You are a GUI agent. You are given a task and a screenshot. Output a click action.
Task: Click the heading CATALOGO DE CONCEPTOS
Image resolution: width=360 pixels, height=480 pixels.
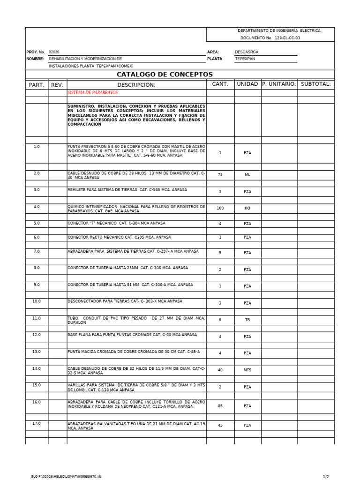pos(164,75)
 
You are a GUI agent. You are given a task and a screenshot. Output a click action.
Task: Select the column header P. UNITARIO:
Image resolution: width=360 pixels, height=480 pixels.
pos(279,84)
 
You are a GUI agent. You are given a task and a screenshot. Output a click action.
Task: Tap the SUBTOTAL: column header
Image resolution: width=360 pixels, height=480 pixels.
pos(315,84)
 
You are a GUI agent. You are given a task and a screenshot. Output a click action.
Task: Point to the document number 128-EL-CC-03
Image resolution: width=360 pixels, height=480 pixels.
pos(287,37)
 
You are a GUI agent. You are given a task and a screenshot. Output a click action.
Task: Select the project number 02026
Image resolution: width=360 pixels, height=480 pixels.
pos(54,52)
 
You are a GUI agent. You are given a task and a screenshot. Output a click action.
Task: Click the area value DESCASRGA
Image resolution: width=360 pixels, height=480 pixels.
pos(247,52)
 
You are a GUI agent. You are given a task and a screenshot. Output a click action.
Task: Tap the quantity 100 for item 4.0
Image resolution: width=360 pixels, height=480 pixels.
pos(220,208)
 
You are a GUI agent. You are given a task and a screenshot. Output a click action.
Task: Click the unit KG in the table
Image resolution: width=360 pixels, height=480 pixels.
pos(247,208)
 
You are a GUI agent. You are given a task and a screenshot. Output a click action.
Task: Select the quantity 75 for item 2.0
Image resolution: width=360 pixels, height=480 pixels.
pos(220,174)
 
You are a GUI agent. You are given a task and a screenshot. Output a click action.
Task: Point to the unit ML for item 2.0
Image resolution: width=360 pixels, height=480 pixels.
pos(247,174)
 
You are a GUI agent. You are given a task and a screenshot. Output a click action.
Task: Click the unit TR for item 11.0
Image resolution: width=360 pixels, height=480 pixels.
pos(247,320)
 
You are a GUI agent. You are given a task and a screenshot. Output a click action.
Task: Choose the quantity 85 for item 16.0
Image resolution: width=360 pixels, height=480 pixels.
pos(220,406)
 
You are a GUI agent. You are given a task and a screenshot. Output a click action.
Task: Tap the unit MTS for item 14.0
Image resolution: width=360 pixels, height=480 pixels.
pos(247,370)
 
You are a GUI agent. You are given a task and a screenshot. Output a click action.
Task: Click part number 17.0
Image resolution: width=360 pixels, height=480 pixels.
pos(37,423)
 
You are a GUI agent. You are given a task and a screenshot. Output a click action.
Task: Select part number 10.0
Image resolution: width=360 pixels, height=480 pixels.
pos(37,301)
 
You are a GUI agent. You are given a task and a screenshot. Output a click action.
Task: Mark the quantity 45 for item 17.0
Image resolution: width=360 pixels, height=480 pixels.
pos(220,425)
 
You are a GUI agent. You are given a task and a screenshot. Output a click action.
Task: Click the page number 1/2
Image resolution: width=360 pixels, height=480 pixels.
pos(326,477)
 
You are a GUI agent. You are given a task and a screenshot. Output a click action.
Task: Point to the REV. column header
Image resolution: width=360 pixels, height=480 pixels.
pos(57,85)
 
